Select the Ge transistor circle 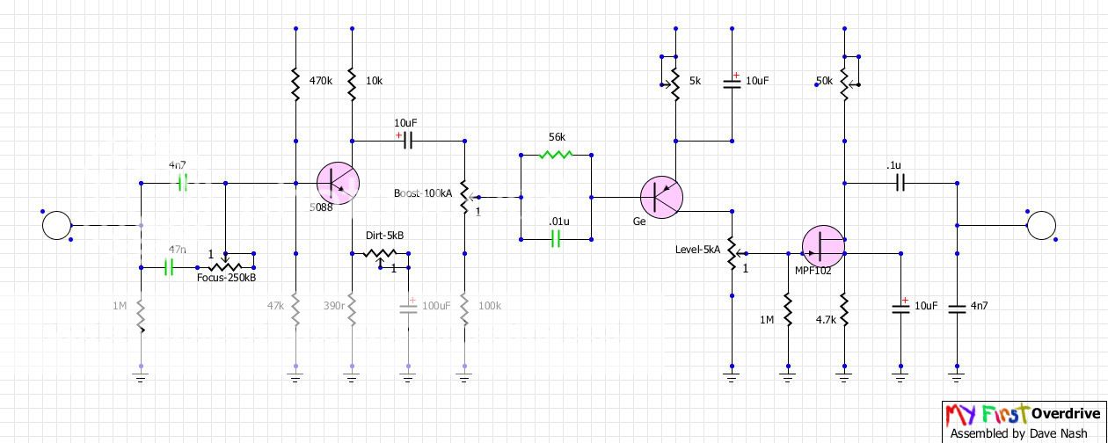click(661, 196)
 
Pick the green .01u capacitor click(555, 237)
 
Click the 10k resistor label click(374, 80)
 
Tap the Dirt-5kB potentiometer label click(384, 236)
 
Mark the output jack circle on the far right click(1042, 225)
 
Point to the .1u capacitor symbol click(900, 183)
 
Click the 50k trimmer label click(825, 81)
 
